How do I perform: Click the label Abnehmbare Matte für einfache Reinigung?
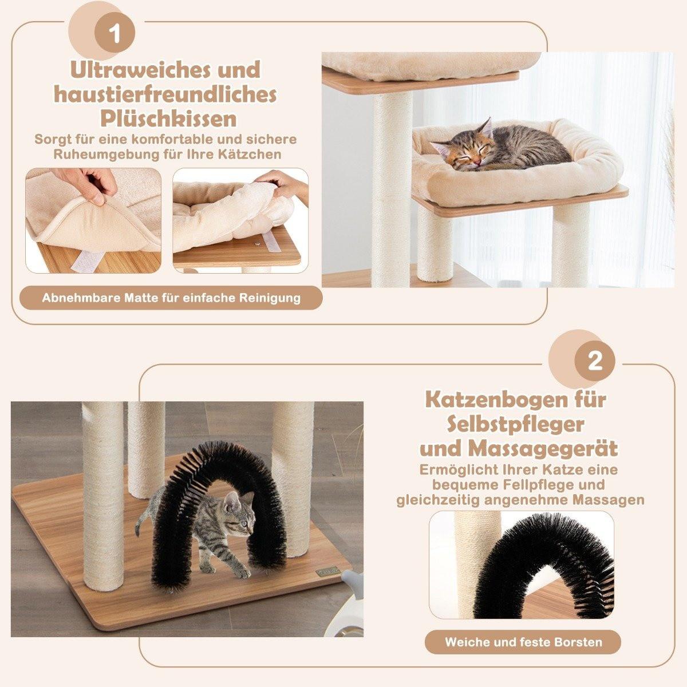pos(171,298)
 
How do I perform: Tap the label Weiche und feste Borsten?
pos(523,642)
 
